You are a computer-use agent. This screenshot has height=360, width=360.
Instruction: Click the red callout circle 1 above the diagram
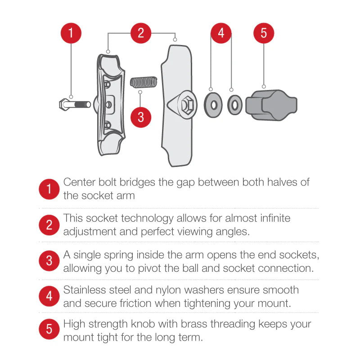pos(72,33)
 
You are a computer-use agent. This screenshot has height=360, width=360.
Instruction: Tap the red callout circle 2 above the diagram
pos(141,33)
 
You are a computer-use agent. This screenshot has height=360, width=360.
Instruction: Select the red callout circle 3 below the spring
pos(141,117)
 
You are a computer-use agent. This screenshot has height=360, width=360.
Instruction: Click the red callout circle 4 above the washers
pos(221,33)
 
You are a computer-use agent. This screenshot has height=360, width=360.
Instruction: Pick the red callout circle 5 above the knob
pos(264,33)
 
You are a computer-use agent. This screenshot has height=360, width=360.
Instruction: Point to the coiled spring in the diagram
pos(143,82)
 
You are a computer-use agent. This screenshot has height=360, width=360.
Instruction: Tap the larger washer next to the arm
pos(213,104)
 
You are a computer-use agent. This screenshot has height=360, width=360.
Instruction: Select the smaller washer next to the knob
pos(234,105)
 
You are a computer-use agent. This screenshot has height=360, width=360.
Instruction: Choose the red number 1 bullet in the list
pos(49,189)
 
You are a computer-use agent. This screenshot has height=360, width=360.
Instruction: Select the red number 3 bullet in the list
pos(49,261)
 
